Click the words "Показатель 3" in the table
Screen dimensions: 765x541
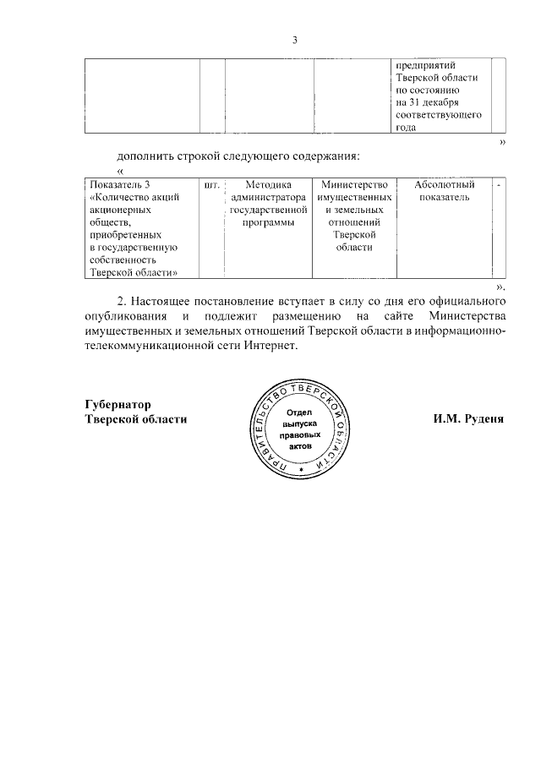(117, 184)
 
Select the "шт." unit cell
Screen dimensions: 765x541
(212, 184)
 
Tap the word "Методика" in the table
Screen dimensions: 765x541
(266, 184)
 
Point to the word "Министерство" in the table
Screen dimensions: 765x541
(354, 184)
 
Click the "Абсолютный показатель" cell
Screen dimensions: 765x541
(444, 191)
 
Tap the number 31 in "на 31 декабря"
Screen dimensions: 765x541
(415, 101)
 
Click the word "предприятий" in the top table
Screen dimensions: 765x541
(427, 64)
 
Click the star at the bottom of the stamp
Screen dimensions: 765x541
(300, 479)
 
